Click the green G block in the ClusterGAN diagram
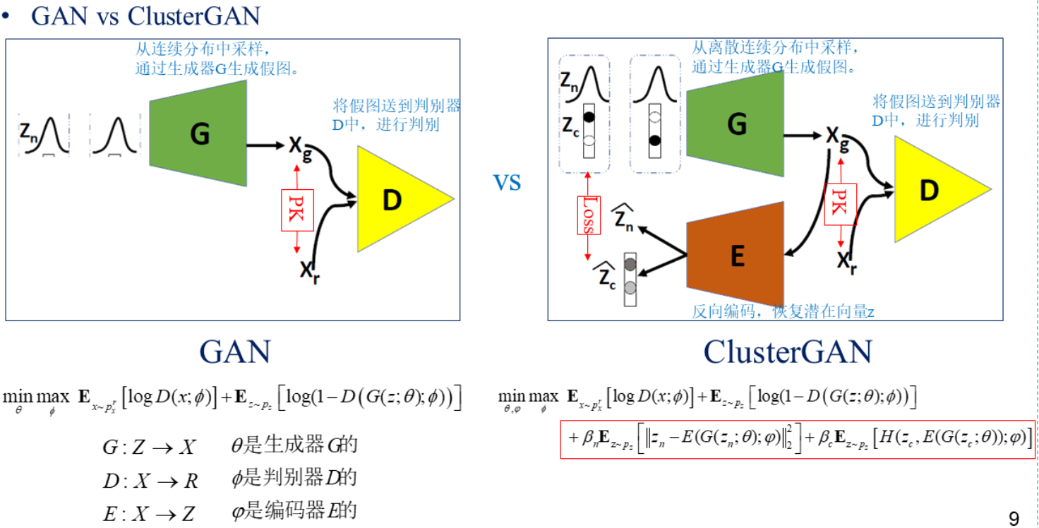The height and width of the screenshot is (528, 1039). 736,124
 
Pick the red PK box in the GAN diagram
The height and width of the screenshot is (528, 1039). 296,210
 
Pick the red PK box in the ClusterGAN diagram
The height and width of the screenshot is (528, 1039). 840,205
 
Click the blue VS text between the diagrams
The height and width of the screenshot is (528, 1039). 507,184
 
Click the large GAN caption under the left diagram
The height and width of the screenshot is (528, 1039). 234,351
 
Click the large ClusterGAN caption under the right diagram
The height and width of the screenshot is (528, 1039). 787,351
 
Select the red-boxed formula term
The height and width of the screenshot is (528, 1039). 798,439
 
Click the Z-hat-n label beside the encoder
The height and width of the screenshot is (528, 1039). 623,217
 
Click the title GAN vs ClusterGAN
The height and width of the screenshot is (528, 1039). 145,16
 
